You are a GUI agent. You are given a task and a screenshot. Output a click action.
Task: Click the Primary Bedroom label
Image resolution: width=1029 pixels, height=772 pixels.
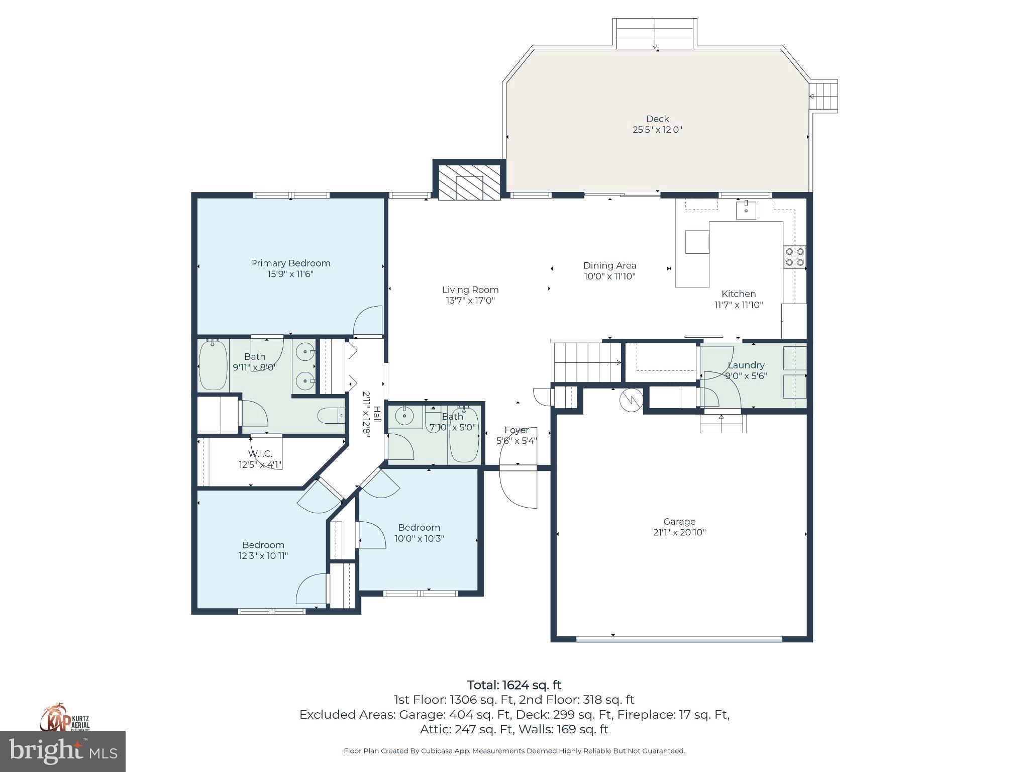(290, 263)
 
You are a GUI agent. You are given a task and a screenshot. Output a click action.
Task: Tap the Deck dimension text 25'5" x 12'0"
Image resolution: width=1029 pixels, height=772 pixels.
(657, 130)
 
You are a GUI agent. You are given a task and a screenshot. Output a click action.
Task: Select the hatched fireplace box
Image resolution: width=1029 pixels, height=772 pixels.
(469, 182)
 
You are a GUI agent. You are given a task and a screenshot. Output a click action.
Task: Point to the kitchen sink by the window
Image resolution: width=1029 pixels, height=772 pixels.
(746, 210)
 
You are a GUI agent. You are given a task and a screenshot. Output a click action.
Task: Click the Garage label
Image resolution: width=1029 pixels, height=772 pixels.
(679, 522)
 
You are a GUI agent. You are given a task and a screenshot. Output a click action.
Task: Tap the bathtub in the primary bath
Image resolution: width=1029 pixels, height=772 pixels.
(213, 365)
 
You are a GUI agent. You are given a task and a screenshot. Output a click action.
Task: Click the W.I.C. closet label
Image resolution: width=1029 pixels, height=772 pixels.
(260, 454)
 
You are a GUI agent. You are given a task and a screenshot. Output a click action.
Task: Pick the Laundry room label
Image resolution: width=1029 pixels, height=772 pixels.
(746, 365)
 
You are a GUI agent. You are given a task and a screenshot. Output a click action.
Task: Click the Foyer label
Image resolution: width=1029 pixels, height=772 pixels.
(517, 430)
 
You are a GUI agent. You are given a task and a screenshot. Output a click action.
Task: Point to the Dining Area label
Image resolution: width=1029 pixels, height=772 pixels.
(609, 265)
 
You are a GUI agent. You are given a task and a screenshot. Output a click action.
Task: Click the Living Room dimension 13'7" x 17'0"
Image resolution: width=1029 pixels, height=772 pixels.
(470, 301)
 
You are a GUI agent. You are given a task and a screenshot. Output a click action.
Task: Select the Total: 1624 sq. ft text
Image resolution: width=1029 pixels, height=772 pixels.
(514, 685)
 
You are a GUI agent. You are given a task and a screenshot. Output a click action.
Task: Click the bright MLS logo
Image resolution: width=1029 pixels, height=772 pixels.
(63, 751)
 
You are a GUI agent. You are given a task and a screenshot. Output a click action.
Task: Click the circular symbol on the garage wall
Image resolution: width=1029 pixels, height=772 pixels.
(631, 400)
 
